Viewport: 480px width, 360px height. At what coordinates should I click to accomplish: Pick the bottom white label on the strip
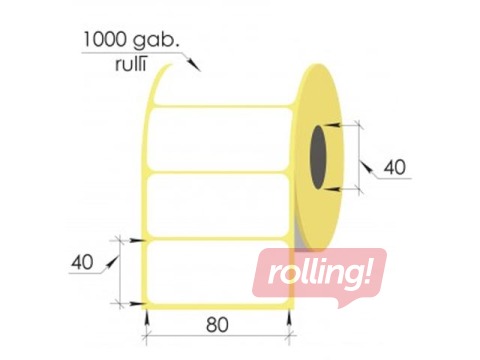200,268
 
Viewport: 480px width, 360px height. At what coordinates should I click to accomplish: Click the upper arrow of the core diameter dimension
345,125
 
